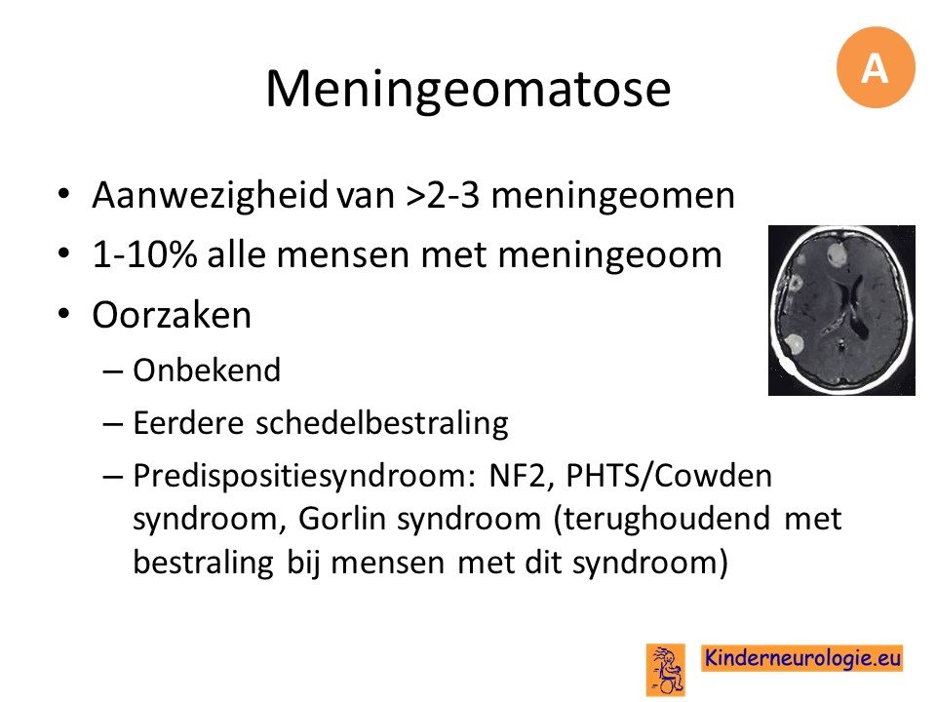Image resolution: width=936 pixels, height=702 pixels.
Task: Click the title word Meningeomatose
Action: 468,89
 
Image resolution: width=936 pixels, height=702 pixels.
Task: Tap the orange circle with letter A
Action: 876,67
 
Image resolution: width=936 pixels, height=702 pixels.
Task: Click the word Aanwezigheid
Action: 211,196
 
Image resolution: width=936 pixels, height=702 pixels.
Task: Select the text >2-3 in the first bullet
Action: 443,195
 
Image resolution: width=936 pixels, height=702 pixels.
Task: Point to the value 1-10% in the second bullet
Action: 144,254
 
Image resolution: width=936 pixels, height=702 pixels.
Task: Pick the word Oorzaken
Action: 172,315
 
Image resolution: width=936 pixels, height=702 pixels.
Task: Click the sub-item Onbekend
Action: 207,370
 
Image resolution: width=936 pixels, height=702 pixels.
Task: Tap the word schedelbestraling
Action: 382,423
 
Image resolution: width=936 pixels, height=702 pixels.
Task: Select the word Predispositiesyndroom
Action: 303,477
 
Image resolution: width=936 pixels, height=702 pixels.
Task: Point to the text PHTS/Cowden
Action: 669,476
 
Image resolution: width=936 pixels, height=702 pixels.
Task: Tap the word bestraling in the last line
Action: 203,563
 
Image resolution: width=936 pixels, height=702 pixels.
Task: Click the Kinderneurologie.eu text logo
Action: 801,658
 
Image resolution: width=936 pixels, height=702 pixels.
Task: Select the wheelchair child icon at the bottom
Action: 666,669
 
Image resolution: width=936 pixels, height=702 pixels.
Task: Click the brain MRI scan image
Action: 841,310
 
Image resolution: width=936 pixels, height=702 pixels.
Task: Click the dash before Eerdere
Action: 112,424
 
